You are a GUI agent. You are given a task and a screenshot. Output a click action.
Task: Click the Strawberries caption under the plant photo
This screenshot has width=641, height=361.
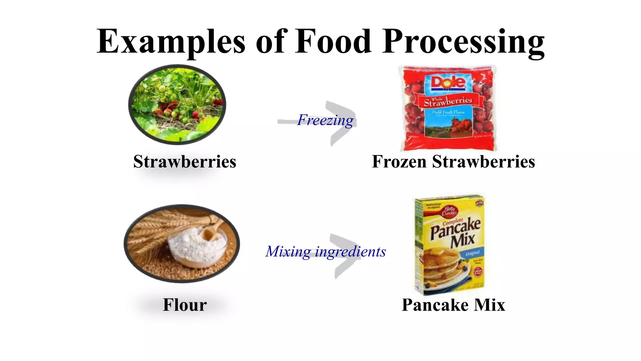(x=185, y=162)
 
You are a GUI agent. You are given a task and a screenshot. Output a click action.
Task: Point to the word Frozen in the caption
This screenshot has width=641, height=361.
(x=399, y=162)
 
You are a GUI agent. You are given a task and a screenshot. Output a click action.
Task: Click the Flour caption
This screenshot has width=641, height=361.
(x=185, y=305)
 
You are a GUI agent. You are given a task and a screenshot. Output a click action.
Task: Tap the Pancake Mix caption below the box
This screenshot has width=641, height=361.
(x=453, y=305)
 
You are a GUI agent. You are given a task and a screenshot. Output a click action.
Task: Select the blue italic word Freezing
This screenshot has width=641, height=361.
(x=325, y=120)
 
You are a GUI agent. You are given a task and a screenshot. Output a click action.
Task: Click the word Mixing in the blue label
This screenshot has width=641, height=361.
(x=288, y=251)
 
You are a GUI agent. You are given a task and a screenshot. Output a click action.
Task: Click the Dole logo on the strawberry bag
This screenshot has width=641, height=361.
(x=448, y=82)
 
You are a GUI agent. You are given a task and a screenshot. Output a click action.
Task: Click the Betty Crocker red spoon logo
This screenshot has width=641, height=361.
(x=449, y=211)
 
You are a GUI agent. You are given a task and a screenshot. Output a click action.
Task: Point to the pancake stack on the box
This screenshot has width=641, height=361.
(x=441, y=266)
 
